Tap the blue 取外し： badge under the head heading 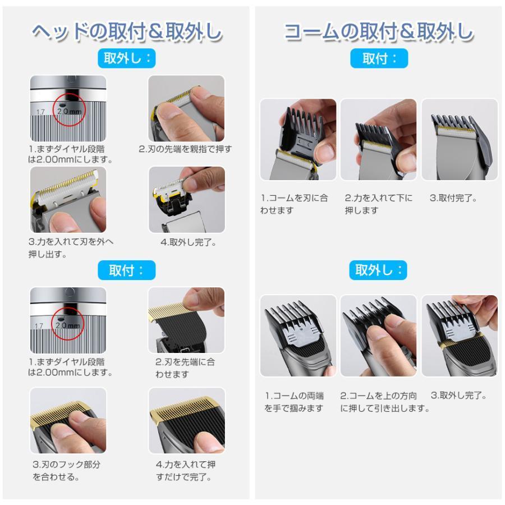(126, 58)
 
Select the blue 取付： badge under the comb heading (379, 58)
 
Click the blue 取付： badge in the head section (126, 270)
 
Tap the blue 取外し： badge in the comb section (379, 270)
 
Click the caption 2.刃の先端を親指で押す (185, 149)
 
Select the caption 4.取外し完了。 (189, 243)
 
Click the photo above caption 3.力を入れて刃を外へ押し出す (68, 199)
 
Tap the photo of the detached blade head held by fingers (186, 199)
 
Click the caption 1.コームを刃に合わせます (295, 204)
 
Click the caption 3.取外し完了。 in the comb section (458, 396)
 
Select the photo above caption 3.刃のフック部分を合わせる (68, 420)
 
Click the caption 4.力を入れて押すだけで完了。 (185, 471)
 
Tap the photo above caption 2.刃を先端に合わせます (186, 320)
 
